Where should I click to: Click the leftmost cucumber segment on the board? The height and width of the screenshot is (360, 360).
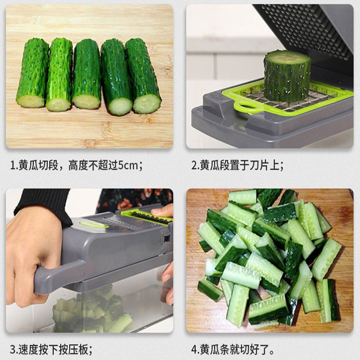click(x=32, y=73)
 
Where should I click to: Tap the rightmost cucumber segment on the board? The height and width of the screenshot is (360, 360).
click(x=143, y=76)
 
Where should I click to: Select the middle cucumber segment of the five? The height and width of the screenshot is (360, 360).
click(x=86, y=74)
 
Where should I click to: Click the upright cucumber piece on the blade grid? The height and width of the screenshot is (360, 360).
click(x=287, y=76)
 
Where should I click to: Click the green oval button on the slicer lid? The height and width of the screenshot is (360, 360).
click(x=94, y=224)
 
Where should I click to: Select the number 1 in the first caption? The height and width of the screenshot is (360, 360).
click(x=12, y=165)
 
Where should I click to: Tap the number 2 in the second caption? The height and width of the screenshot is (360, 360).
click(x=194, y=165)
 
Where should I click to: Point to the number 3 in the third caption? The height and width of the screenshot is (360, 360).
click(x=12, y=349)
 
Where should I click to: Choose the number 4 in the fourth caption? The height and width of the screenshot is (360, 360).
click(x=194, y=349)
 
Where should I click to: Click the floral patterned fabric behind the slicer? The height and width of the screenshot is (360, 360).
click(x=135, y=198)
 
